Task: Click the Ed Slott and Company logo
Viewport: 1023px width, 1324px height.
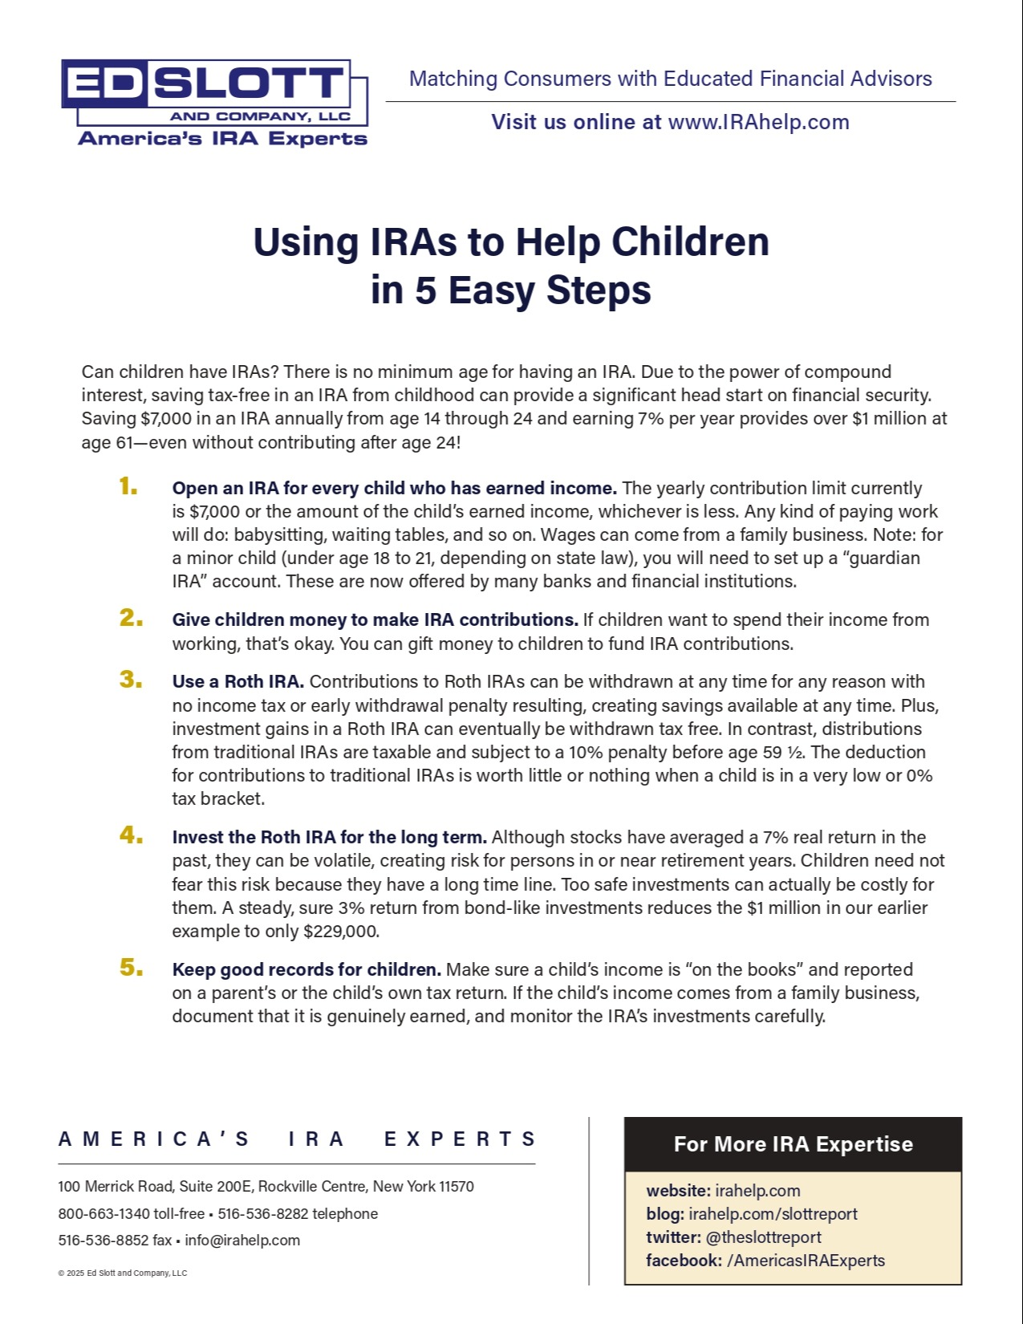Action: coord(215,103)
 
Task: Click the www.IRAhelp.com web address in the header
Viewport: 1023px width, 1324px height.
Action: coord(758,122)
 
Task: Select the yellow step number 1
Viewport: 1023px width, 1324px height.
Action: coord(128,486)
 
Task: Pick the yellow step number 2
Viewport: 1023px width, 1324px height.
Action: coord(131,618)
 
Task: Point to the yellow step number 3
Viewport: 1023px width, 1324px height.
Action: coord(131,680)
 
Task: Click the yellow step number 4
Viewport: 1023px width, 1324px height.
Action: coord(131,835)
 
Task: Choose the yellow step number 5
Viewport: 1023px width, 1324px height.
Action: coord(131,968)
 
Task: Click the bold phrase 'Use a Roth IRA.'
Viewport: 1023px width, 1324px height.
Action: coord(237,682)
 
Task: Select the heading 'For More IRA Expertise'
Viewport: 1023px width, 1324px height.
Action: coord(793,1144)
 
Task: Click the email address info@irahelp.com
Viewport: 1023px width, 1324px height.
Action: coord(242,1241)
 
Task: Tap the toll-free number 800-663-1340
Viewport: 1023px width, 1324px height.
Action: coord(104,1214)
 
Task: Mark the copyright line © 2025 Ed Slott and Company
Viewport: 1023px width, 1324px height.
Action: coord(123,1273)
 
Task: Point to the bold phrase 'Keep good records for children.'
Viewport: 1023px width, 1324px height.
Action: coord(306,970)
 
